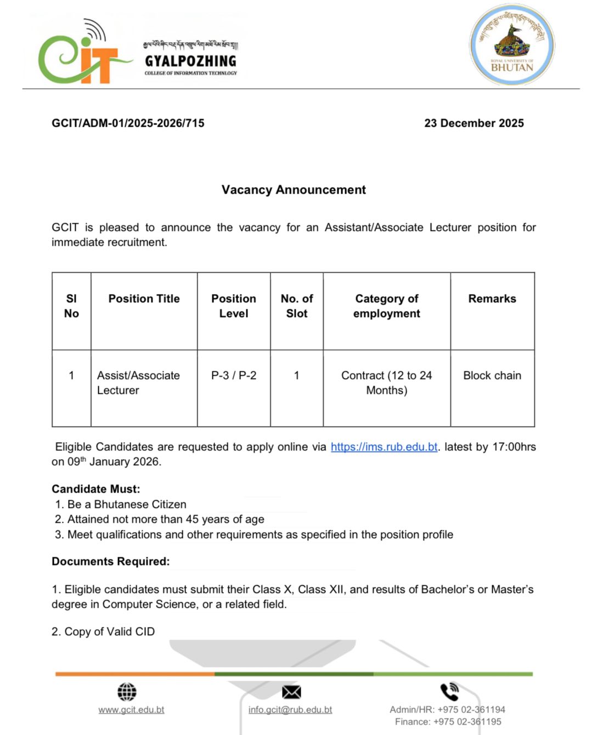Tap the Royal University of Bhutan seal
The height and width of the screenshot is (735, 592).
point(512,45)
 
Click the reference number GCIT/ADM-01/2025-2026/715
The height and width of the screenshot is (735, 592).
point(128,123)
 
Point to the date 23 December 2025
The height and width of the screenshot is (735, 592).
point(473,123)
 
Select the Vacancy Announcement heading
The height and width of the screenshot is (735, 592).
point(294,190)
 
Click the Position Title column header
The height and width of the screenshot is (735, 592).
point(144,299)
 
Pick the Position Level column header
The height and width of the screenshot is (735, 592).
point(234,306)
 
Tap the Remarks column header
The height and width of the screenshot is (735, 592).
point(492,299)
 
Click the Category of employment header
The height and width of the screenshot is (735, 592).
point(387,306)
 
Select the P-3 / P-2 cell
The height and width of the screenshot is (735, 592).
point(234,376)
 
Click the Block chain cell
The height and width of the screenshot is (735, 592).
point(492,376)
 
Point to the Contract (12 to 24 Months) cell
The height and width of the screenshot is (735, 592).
point(387,383)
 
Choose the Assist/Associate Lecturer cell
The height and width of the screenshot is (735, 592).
point(138,383)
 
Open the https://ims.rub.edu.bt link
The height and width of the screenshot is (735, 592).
point(384,447)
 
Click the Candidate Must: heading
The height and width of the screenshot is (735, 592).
point(96,489)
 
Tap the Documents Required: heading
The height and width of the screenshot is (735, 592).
point(111,562)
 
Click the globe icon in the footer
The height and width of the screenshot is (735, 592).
point(127,692)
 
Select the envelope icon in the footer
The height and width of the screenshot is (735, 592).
point(291,692)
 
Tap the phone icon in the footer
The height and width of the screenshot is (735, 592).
point(449,692)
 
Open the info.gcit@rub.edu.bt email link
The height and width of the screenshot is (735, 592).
point(290,710)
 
